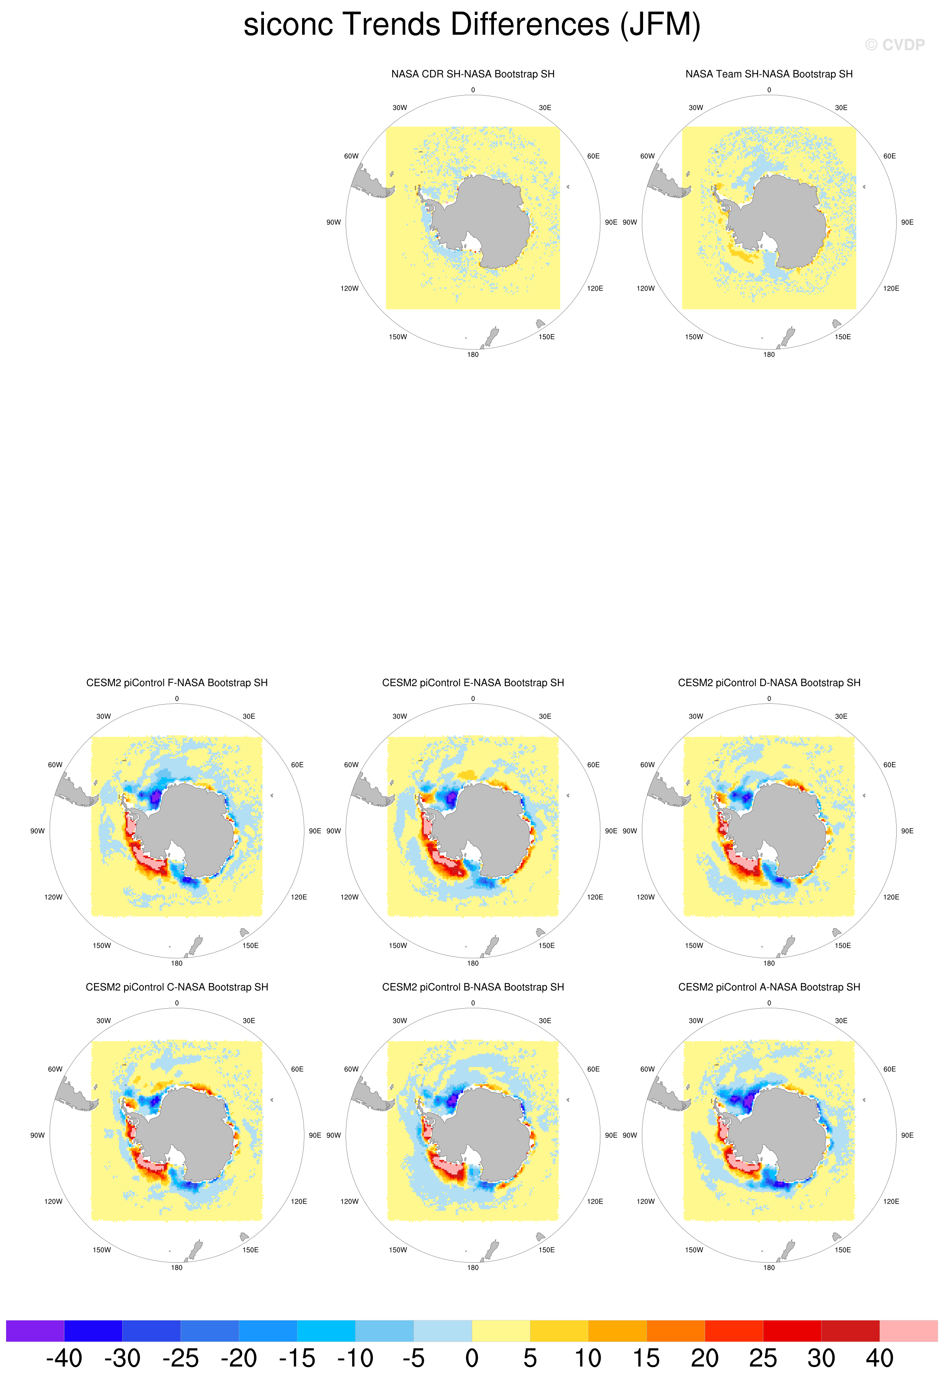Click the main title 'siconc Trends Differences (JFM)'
pos(472,25)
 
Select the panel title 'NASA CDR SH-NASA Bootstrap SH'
pos(472,74)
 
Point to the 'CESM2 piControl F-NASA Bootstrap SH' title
pos(177,683)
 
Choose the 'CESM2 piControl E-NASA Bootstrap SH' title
pos(472,683)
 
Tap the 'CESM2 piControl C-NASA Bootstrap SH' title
pos(177,987)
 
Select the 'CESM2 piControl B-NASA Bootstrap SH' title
pos(472,987)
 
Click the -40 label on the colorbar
pos(64,1358)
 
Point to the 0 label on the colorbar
pos(472,1358)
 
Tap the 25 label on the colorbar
pos(763,1358)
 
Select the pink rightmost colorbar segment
pos(909,1331)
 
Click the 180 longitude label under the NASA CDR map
pos(472,355)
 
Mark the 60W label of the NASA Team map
pos(647,156)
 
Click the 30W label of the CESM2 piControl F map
pos(103,717)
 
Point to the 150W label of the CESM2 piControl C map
pos(101,1250)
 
